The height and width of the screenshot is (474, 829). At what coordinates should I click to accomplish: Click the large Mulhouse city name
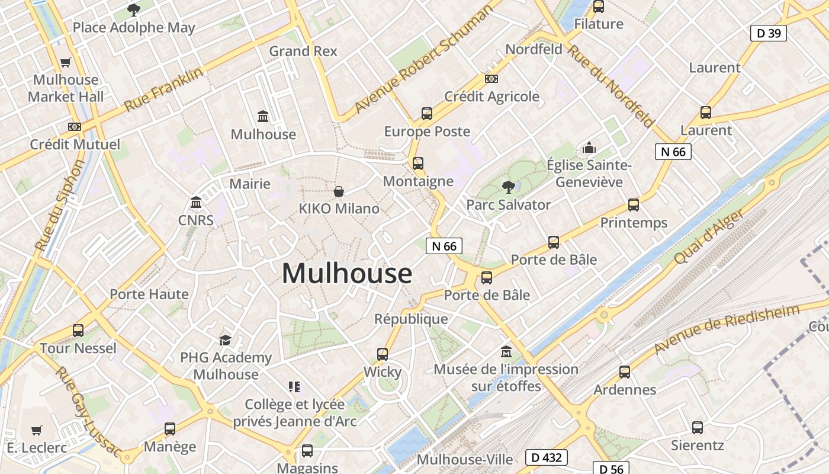347,274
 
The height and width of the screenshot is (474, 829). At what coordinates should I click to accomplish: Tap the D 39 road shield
769,33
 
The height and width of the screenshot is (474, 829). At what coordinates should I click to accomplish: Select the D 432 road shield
546,457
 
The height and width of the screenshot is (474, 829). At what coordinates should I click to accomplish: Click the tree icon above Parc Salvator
508,187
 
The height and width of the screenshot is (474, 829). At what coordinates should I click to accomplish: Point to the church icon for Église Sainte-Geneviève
589,148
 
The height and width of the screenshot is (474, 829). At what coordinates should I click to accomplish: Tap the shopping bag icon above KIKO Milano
339,191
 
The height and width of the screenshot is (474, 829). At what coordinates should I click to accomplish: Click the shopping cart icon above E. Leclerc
37,430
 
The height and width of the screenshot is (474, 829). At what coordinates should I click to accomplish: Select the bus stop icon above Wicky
383,354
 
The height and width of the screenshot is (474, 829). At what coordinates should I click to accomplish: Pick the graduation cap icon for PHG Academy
225,340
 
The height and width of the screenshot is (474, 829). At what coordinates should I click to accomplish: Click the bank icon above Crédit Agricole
491,79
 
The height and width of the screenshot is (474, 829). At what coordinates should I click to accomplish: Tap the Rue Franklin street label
164,89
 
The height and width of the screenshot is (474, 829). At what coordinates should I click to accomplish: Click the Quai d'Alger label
708,238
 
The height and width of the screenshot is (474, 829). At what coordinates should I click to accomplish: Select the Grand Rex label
303,52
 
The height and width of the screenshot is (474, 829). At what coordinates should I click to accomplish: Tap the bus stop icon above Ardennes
625,372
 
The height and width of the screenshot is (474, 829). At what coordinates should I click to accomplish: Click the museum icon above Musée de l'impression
506,352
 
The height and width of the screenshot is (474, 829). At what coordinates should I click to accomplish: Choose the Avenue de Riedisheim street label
727,329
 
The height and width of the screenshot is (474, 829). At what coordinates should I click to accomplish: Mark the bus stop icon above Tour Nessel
78,331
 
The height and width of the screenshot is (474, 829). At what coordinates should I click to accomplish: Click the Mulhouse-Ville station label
465,459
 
